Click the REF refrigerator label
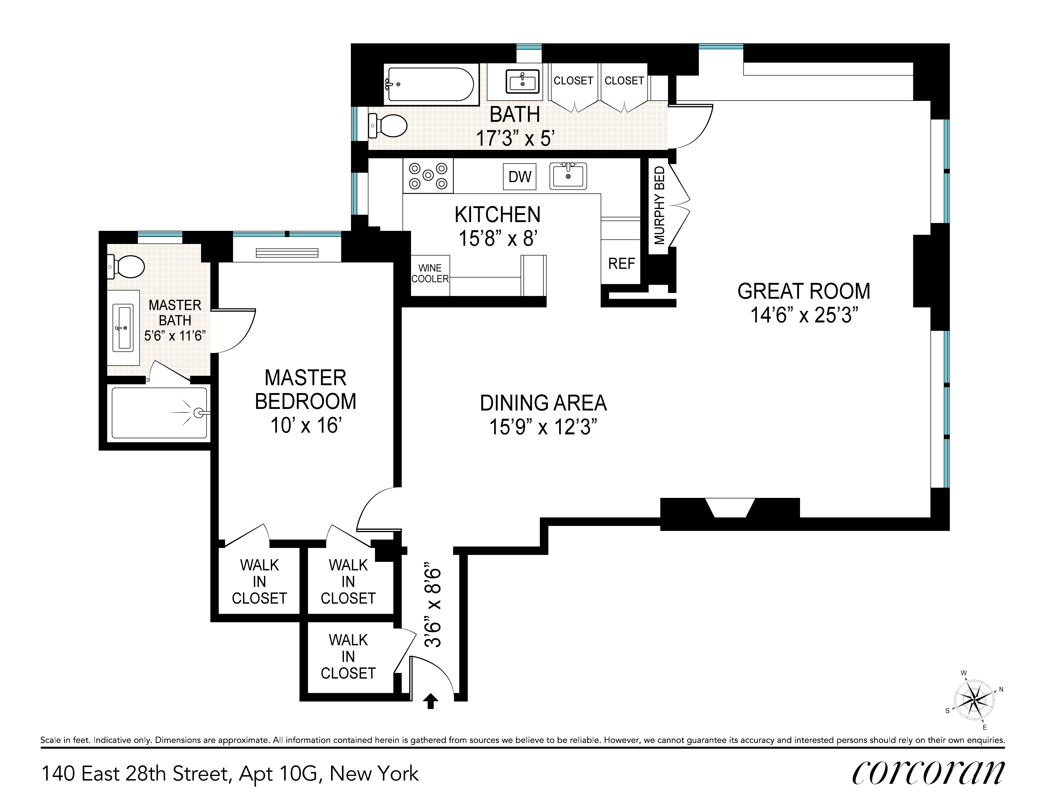(622, 263)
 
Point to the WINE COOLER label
(430, 273)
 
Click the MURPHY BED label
(660, 205)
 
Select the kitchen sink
(568, 176)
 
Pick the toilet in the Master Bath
(126, 267)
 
